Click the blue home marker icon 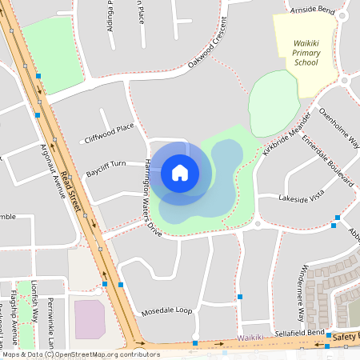pos(180,172)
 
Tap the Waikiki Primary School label pos(306,52)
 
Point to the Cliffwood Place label pos(109,134)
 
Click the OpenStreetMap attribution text pos(80,354)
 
